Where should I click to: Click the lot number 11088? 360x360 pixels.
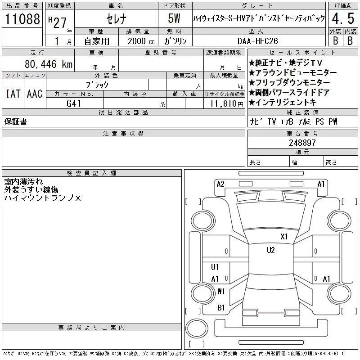tap(22, 19)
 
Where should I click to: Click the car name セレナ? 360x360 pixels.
tap(116, 19)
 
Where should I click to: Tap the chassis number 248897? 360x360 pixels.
tap(302, 143)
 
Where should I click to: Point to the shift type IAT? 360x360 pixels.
tap(13, 94)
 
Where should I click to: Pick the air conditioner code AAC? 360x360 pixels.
tap(35, 94)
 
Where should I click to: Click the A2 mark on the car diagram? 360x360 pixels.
tap(220, 184)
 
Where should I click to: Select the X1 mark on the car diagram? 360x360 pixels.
tap(284, 236)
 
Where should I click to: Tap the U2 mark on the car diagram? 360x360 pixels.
tap(270, 250)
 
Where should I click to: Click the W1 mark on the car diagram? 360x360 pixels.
tap(221, 291)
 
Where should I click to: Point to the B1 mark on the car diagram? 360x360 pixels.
tap(221, 308)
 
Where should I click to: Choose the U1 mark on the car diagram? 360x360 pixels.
tap(215, 267)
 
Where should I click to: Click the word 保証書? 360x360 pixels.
tap(15, 121)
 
